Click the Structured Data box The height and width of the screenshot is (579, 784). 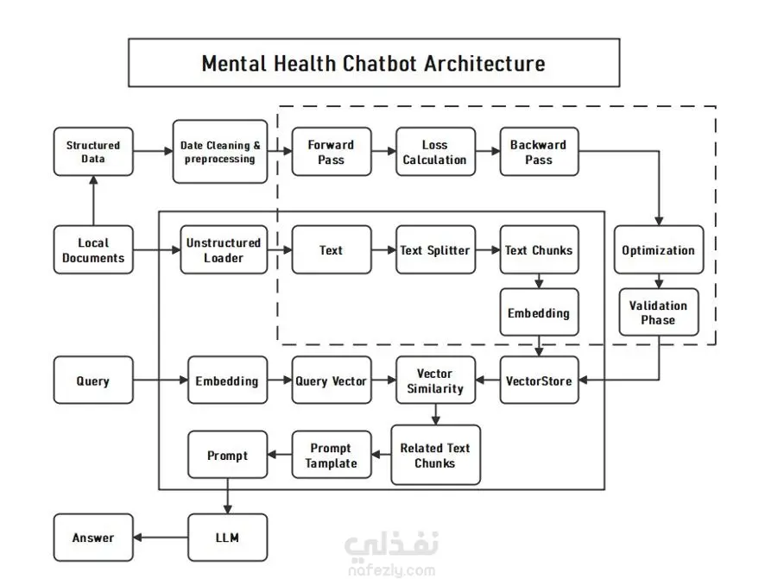[x=93, y=152]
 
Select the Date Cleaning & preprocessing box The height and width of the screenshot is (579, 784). [x=220, y=152]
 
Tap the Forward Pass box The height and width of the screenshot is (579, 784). [x=331, y=152]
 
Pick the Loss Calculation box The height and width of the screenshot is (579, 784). [x=435, y=152]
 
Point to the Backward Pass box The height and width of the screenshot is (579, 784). [x=539, y=152]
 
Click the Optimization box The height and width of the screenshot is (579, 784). [x=658, y=250]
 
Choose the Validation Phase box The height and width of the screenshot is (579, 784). [x=658, y=312]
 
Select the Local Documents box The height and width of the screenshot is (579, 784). [x=93, y=250]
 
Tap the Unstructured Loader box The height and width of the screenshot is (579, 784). [x=223, y=250]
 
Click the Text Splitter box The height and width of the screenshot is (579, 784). [x=435, y=250]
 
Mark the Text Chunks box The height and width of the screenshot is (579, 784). [x=539, y=250]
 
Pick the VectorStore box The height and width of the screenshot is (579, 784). [x=539, y=381]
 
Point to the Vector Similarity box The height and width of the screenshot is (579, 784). [x=435, y=381]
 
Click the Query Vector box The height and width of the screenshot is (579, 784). [x=331, y=381]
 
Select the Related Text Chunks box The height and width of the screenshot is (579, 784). [x=435, y=455]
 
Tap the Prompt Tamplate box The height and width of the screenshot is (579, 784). [x=331, y=455]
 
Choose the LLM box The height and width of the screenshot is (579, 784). [x=228, y=538]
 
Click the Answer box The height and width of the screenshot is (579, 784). [x=93, y=538]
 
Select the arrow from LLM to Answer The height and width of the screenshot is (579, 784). [x=161, y=538]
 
